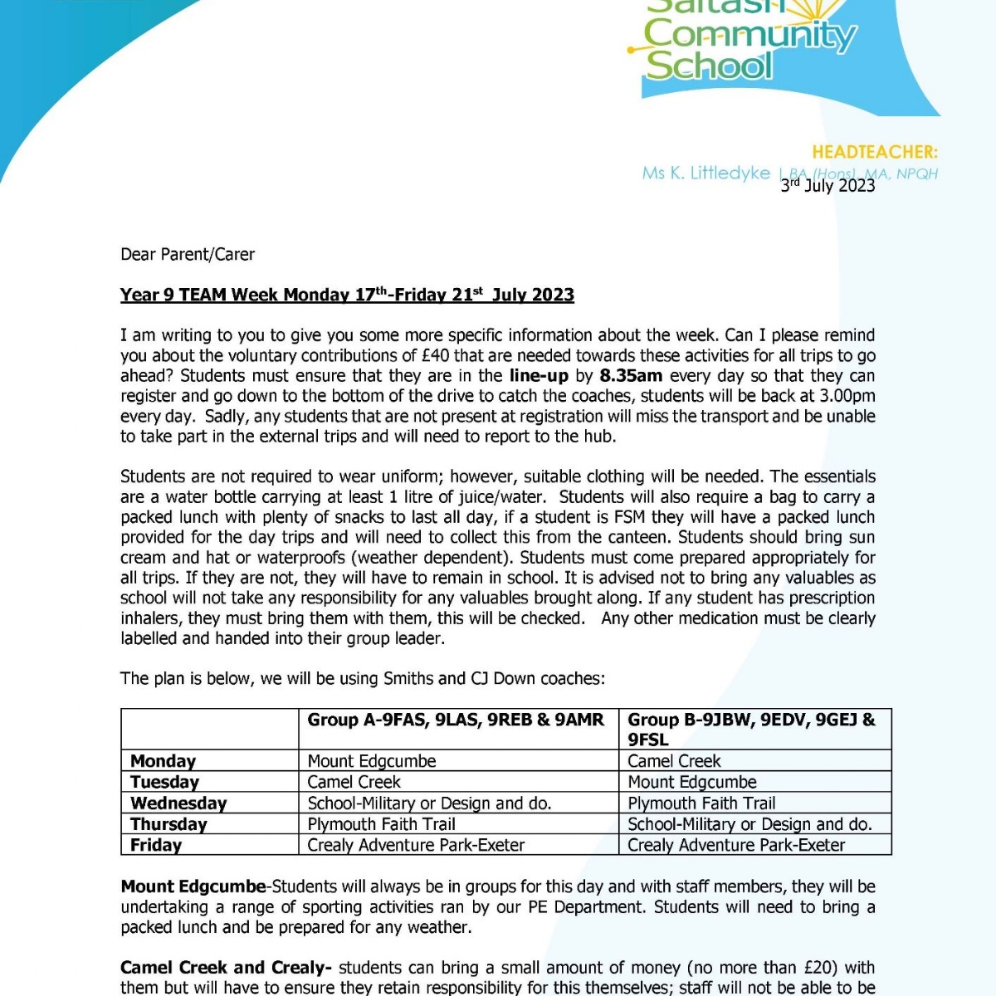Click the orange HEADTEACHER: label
(874, 152)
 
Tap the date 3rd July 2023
(828, 185)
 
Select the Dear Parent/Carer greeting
(188, 254)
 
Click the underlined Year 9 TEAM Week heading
(347, 295)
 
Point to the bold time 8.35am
(631, 376)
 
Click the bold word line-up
(539, 376)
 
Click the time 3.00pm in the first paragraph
(845, 396)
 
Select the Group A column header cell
(456, 720)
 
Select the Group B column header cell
(751, 729)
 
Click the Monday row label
(164, 761)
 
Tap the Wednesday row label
(178, 803)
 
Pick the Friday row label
(156, 845)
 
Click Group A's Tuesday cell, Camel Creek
(354, 782)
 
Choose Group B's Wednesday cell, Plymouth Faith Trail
(701, 803)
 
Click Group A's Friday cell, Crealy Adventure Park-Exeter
(416, 845)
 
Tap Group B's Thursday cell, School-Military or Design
(749, 824)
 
